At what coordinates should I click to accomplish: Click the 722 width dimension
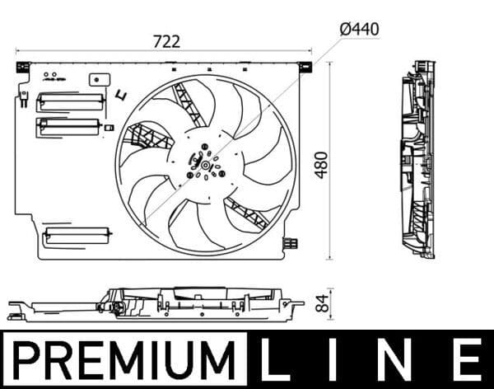coord(165,40)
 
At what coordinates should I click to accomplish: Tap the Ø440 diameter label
coord(359,29)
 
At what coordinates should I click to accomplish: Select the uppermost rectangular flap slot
coord(72,101)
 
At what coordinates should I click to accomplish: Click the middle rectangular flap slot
coord(70,126)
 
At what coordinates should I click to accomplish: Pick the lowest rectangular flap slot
coord(77,234)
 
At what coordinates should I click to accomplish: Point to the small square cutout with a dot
coord(101,80)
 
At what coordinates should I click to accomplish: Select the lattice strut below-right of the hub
coord(245,212)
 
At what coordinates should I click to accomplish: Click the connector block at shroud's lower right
coord(290,242)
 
